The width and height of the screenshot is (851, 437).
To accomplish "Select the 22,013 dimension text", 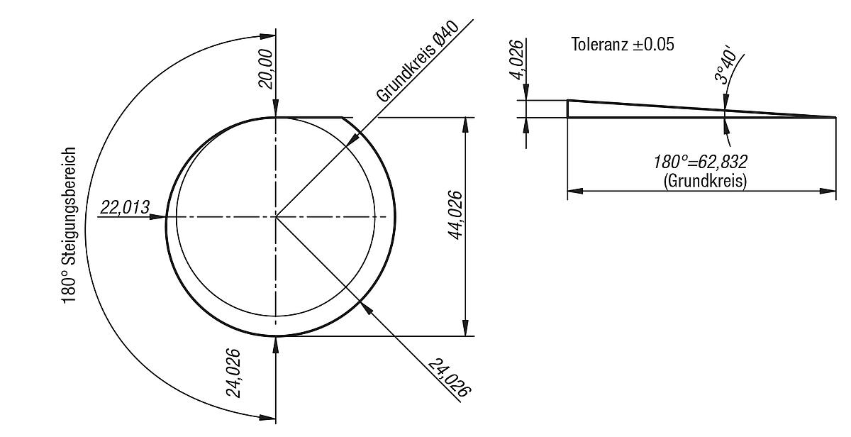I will pyautogui.click(x=125, y=207).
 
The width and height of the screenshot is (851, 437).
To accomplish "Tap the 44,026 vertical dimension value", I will pyautogui.click(x=455, y=215).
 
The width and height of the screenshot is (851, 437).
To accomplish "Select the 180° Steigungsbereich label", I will pyautogui.click(x=69, y=226).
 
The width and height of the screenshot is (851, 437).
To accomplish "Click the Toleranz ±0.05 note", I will pyautogui.click(x=623, y=45).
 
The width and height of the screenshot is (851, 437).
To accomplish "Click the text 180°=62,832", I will pyautogui.click(x=701, y=162).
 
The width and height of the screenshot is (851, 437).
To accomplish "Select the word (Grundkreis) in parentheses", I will pyautogui.click(x=705, y=181).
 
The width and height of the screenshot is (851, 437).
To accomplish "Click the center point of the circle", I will pyautogui.click(x=276, y=216).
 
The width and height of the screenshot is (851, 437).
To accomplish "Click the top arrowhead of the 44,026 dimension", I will pyautogui.click(x=465, y=123).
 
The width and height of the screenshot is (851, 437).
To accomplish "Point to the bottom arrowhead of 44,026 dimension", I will pyautogui.click(x=465, y=330).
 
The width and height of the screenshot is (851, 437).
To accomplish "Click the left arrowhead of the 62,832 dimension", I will pyautogui.click(x=574, y=191).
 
